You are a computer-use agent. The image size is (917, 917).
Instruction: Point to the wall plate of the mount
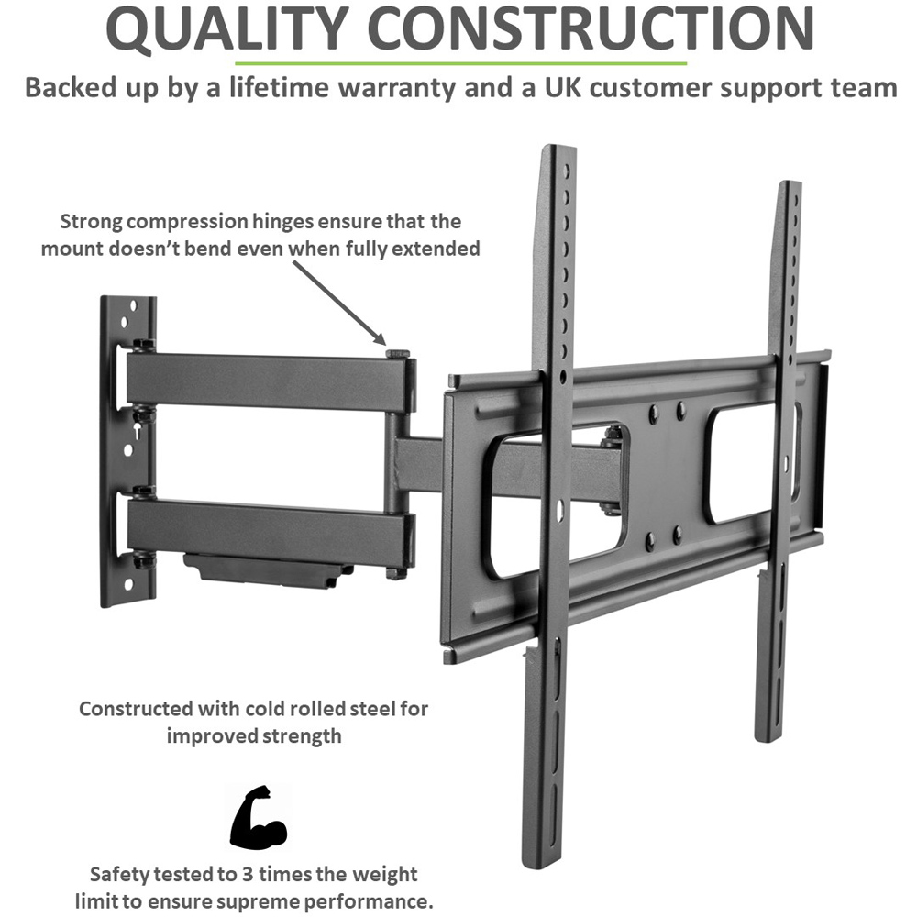127,449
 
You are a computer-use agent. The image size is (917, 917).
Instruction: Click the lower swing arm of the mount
266,527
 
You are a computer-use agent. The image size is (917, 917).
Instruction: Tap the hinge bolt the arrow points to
398,352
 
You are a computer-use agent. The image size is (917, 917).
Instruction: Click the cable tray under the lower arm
266,570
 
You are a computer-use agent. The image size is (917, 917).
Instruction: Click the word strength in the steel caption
299,736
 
